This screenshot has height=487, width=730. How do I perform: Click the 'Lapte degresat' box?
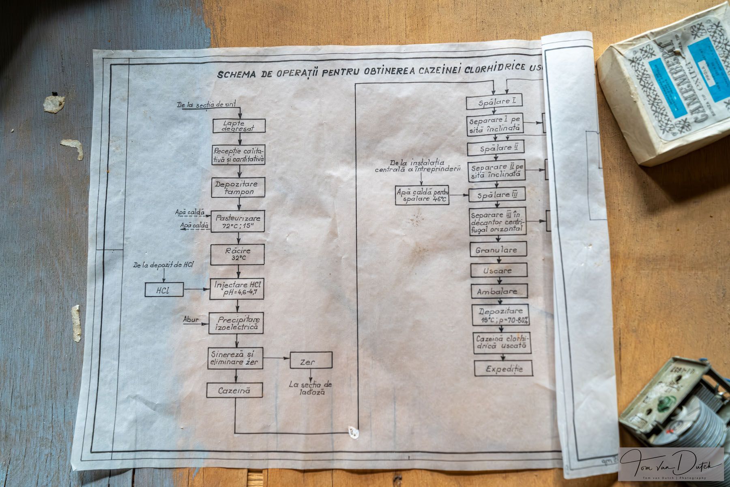coord(239,126)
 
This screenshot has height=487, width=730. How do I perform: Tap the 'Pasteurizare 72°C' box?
coord(238,221)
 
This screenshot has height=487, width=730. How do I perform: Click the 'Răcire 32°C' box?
coord(237,254)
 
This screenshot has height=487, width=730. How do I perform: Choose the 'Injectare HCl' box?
coord(237,289)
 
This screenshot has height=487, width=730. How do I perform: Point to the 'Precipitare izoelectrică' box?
coord(236,323)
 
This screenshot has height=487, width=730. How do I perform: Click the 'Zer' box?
coord(311,360)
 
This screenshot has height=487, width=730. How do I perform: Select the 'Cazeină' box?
coord(234,390)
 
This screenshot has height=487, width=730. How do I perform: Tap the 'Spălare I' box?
coord(494,102)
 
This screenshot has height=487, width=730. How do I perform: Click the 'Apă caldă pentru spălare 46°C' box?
coord(422,195)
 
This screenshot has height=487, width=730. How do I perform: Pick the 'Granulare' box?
coord(499,249)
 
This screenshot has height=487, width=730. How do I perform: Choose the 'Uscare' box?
coord(499,270)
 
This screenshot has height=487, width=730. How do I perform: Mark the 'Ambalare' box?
coord(499,291)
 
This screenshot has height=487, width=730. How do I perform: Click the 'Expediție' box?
coord(504,368)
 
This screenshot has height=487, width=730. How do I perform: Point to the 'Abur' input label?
coord(191,319)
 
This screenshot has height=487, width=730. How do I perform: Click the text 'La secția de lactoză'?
coord(310,388)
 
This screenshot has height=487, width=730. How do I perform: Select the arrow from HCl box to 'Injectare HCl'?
coord(196,290)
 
